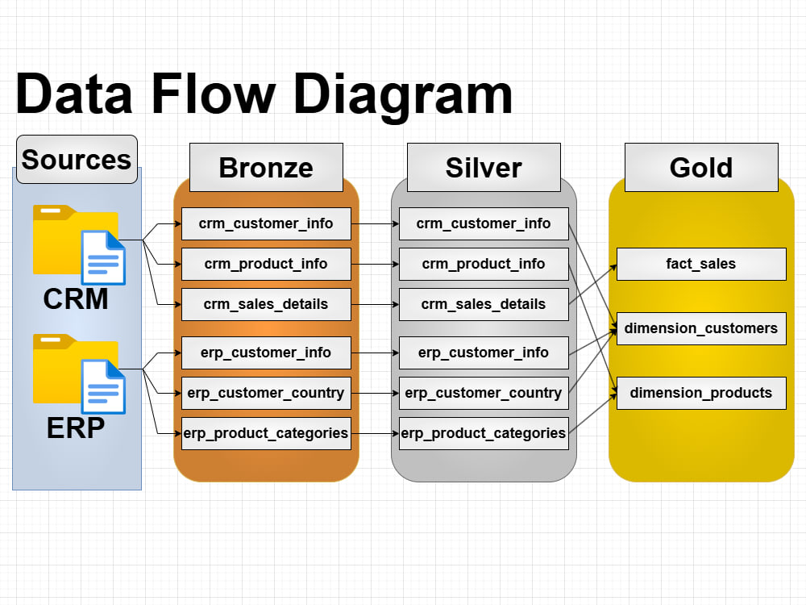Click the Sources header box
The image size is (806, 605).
(77, 160)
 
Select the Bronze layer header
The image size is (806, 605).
(266, 168)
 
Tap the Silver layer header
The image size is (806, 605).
(484, 168)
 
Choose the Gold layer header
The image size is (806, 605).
(701, 168)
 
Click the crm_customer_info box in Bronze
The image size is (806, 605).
(266, 223)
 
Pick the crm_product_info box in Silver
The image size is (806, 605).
(484, 264)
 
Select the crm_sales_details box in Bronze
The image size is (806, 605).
(266, 305)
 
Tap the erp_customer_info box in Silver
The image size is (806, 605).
(484, 353)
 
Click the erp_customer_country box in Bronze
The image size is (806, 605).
(266, 393)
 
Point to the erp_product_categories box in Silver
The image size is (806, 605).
(484, 434)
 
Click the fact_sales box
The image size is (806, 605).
(701, 264)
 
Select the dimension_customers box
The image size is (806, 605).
(701, 329)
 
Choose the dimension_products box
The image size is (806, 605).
(701, 393)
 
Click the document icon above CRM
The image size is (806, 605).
(103, 258)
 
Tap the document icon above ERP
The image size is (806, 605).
(103, 387)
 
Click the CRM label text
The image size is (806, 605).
(76, 299)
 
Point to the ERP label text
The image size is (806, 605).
(76, 428)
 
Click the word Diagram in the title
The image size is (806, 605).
(403, 96)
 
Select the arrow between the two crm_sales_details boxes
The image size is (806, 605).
(376, 305)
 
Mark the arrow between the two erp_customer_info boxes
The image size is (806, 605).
(376, 353)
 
